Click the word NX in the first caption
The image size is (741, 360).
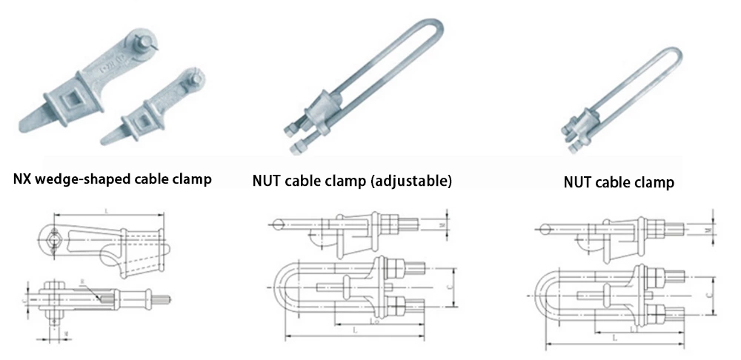(x=24, y=179)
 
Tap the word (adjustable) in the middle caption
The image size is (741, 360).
(x=411, y=180)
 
